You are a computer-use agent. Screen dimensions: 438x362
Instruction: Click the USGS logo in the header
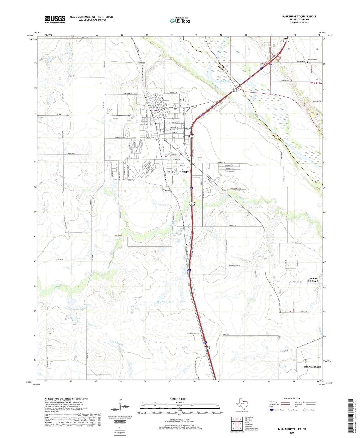click(x=55, y=19)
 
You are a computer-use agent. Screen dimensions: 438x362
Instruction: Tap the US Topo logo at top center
click(x=180, y=21)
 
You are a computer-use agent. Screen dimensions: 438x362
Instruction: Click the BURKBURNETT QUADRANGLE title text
click(x=299, y=17)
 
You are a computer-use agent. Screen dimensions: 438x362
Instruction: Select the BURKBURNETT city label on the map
click(x=178, y=172)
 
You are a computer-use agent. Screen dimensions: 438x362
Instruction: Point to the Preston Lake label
click(x=168, y=302)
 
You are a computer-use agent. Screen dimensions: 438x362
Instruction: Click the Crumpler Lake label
click(x=77, y=309)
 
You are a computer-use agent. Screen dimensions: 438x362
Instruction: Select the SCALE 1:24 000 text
click(x=178, y=399)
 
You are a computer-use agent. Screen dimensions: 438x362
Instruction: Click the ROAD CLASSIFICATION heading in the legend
click(x=292, y=399)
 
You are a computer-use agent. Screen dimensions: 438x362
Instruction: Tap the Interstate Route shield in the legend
click(x=272, y=410)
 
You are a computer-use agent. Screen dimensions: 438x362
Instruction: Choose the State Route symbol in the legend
click(x=305, y=410)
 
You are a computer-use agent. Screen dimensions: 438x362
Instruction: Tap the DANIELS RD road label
click(x=232, y=226)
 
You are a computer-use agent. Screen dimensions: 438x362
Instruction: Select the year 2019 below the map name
click(x=292, y=433)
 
